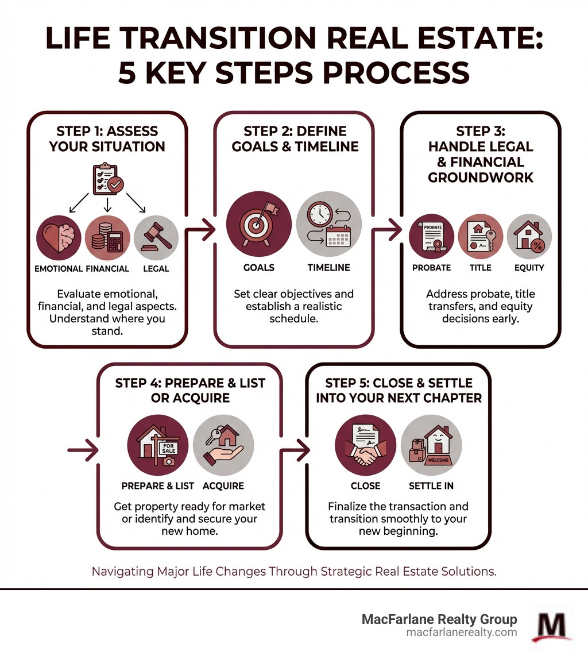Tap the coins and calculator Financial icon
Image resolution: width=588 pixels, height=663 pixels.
[107, 238]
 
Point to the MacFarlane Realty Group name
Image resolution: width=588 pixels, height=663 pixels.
[439, 619]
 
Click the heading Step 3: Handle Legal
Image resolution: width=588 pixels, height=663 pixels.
[480, 154]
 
